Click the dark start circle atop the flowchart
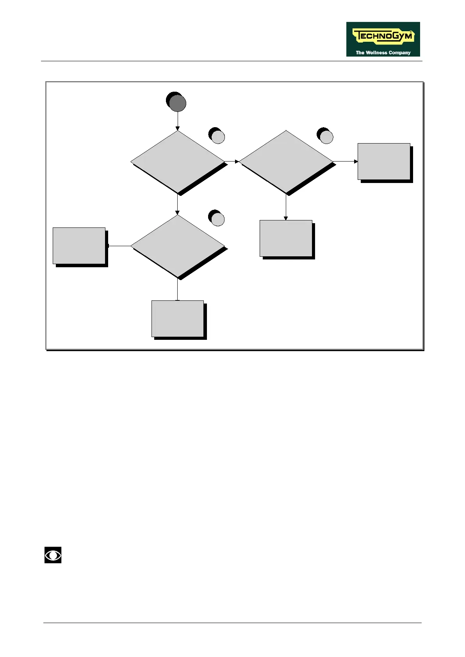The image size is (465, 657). click(x=177, y=103)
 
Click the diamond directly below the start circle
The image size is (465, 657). click(x=178, y=162)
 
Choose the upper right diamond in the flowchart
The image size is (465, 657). click(x=286, y=162)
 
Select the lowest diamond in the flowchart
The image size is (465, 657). click(x=178, y=246)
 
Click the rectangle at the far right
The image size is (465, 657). click(x=384, y=162)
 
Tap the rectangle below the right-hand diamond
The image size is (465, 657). click(x=286, y=238)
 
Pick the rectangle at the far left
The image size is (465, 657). click(x=79, y=246)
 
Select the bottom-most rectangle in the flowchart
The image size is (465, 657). click(x=178, y=318)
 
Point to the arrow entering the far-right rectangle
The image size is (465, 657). click(x=346, y=162)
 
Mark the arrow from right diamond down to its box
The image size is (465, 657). click(x=286, y=207)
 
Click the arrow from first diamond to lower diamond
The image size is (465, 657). click(x=178, y=204)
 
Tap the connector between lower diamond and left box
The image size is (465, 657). click(x=119, y=246)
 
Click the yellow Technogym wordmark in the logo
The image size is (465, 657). click(x=383, y=36)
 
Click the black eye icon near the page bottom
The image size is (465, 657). click(x=53, y=555)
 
